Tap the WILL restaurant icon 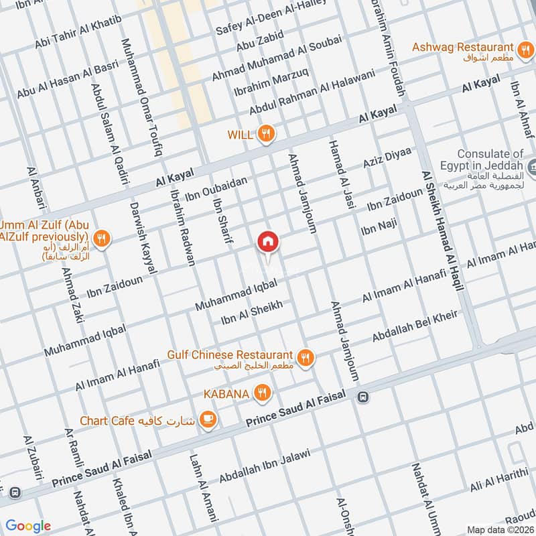click(267, 134)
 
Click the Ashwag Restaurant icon click(525, 48)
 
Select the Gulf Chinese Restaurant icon click(305, 358)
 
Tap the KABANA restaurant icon click(263, 393)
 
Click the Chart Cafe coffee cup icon click(208, 420)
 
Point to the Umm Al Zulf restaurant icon click(101, 237)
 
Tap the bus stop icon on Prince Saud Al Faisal click(362, 396)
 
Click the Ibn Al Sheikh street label click(252, 313)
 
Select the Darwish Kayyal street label click(143, 237)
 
